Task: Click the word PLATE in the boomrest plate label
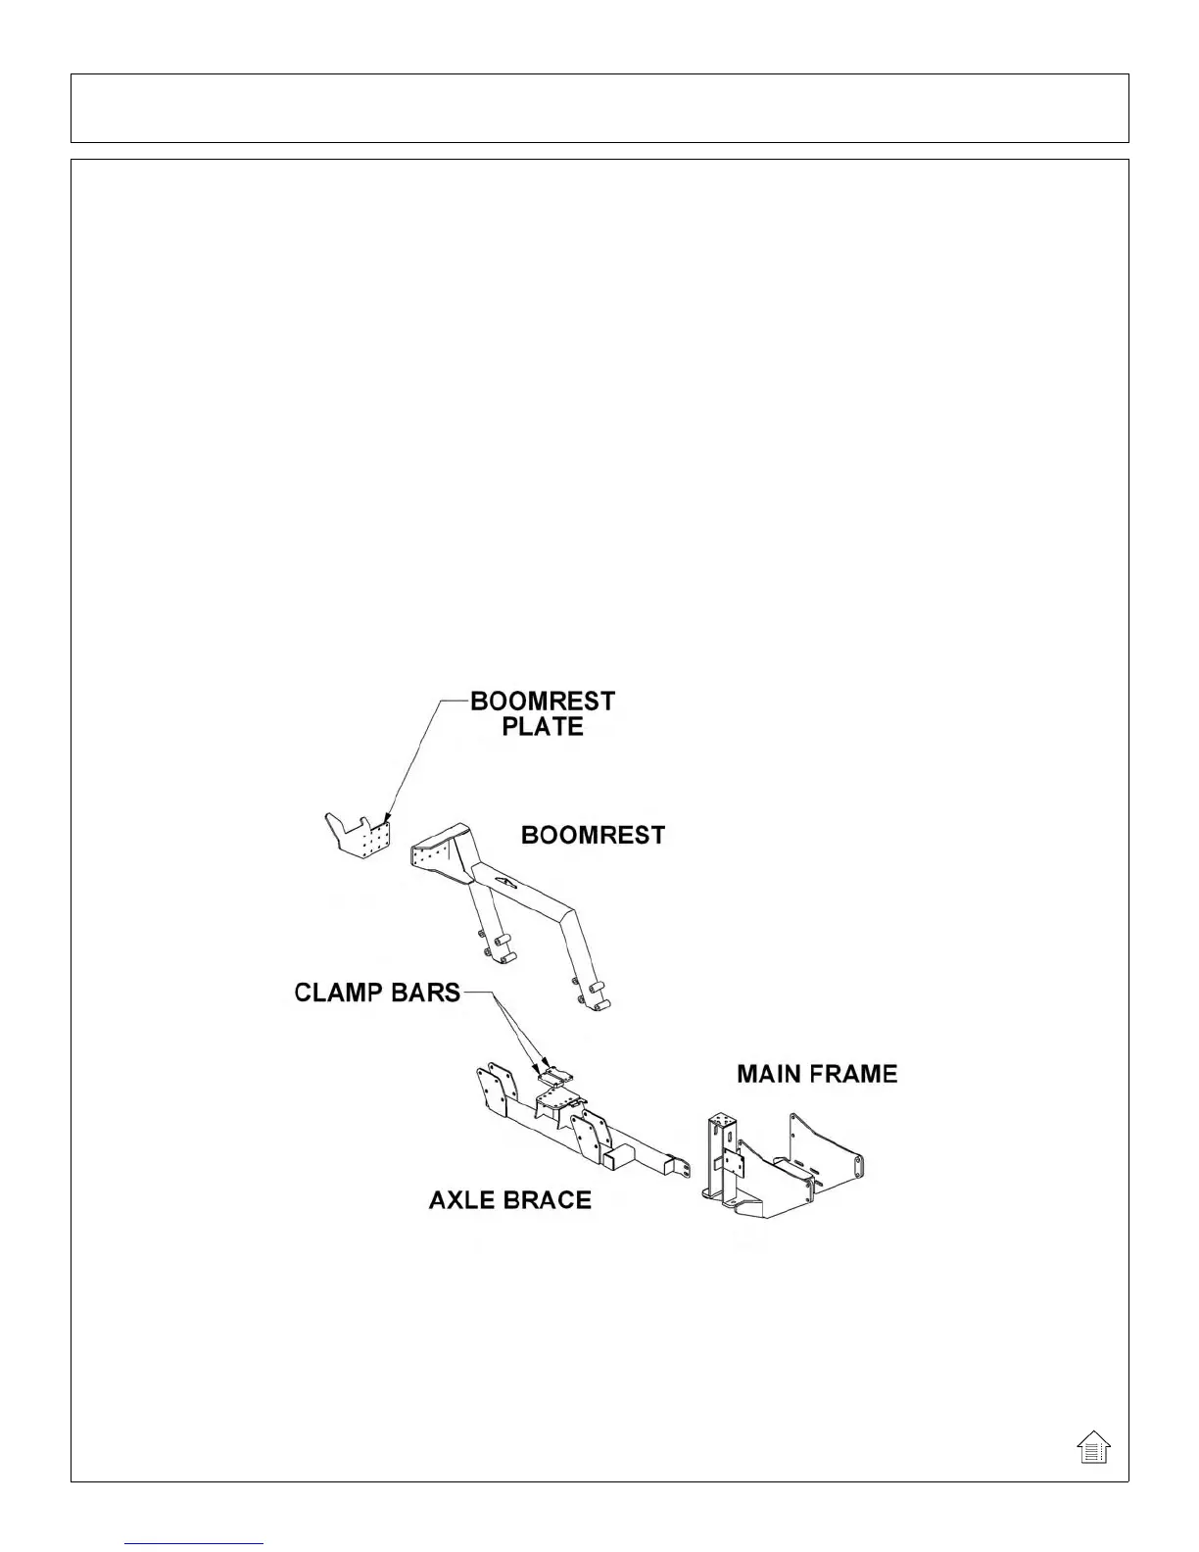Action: click(542, 727)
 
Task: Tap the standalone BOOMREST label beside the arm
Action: click(593, 835)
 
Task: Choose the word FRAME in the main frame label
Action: click(854, 1074)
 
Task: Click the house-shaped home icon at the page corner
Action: click(1093, 1446)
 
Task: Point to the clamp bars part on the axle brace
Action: click(554, 1077)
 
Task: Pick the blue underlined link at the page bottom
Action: click(195, 1542)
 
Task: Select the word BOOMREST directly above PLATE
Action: click(543, 702)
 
